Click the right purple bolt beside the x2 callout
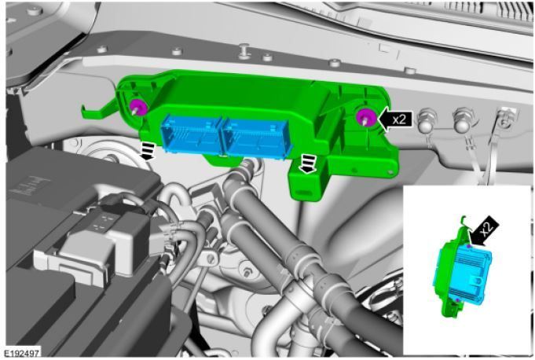(364, 118)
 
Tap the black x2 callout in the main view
(396, 119)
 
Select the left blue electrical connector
(189, 134)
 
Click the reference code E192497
(22, 353)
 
